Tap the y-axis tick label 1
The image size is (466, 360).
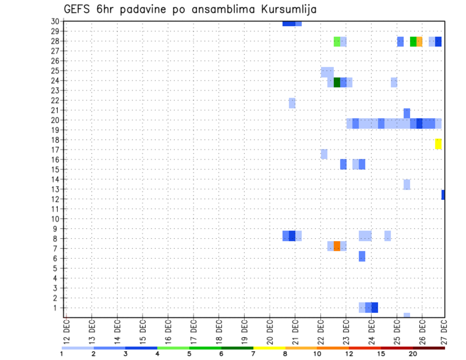pos(56,308)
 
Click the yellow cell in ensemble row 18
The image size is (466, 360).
pos(438,144)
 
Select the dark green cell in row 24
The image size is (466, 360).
pos(337,82)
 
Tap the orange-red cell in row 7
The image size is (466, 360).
pos(337,246)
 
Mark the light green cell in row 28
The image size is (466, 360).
pos(337,42)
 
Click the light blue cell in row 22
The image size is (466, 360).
pos(292,103)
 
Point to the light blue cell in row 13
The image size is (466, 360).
pos(407,184)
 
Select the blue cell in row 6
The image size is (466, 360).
pos(362,256)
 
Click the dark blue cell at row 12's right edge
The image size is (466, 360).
pos(443,195)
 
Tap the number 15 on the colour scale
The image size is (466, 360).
pos(381,354)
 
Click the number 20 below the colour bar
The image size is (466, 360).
pos(413,354)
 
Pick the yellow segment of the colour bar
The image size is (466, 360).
pos(269,348)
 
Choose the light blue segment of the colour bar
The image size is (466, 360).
pos(78,348)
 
